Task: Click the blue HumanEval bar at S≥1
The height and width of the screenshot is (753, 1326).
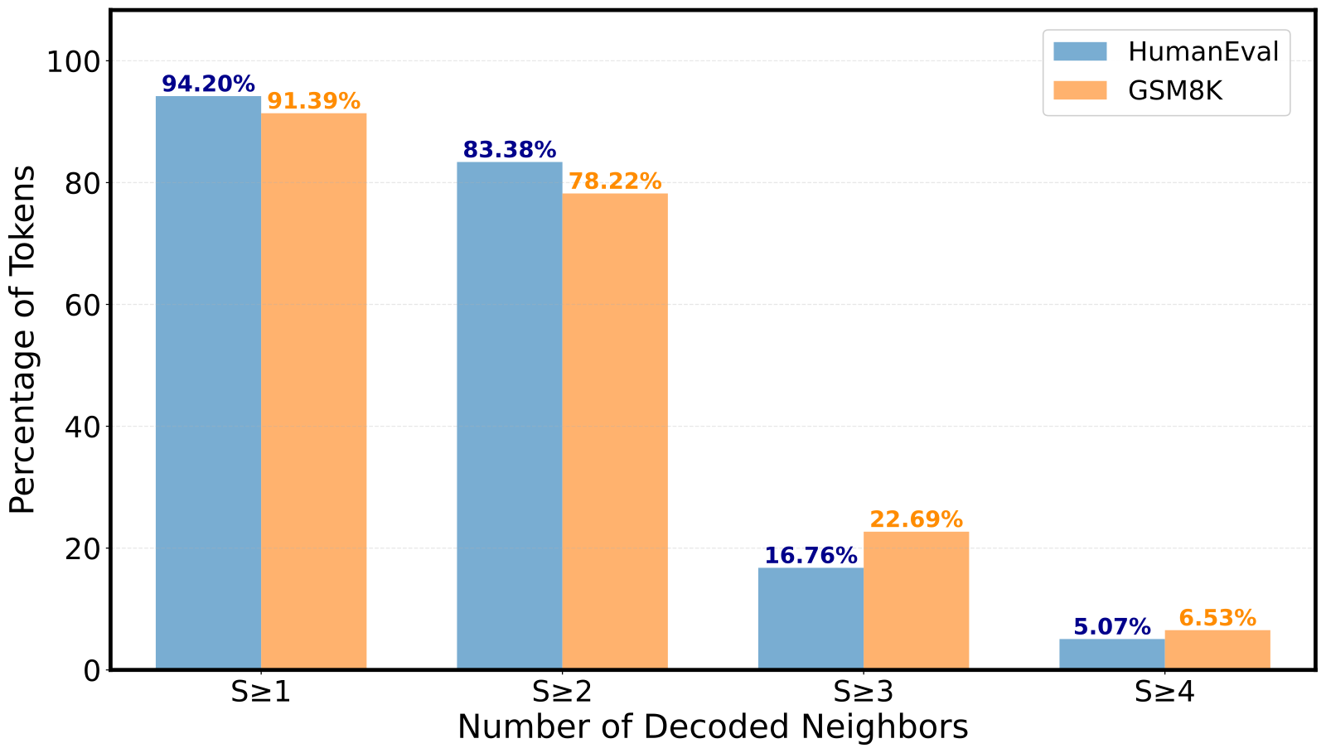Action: click(208, 383)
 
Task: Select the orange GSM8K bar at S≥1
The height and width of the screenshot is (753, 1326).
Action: click(313, 391)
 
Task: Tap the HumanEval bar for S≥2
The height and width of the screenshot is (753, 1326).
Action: click(509, 415)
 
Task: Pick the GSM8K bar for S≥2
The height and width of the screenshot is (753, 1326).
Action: click(615, 431)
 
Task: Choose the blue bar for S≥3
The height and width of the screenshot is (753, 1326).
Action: click(811, 618)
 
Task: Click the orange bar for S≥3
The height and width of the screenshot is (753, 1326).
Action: click(916, 600)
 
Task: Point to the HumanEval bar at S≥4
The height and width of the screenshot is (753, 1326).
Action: click(1111, 654)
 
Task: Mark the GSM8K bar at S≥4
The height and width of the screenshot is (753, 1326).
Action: click(1217, 649)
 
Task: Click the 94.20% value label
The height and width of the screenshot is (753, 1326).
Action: click(208, 84)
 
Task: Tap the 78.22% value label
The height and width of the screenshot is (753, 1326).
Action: click(615, 181)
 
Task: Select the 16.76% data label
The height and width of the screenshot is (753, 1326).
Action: click(811, 555)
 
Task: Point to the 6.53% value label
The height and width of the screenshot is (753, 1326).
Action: click(1217, 618)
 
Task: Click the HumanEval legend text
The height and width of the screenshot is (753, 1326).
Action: click(1203, 51)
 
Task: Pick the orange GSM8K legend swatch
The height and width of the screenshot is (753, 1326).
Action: click(1080, 90)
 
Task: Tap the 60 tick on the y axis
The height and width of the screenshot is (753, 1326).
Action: click(82, 305)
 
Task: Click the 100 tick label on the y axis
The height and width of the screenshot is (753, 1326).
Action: click(73, 61)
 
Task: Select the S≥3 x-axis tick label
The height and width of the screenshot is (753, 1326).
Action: click(864, 692)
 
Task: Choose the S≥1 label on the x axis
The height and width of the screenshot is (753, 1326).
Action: click(261, 692)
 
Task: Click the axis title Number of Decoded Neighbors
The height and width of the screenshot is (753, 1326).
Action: click(713, 727)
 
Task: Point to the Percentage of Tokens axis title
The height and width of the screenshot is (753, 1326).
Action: click(23, 340)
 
